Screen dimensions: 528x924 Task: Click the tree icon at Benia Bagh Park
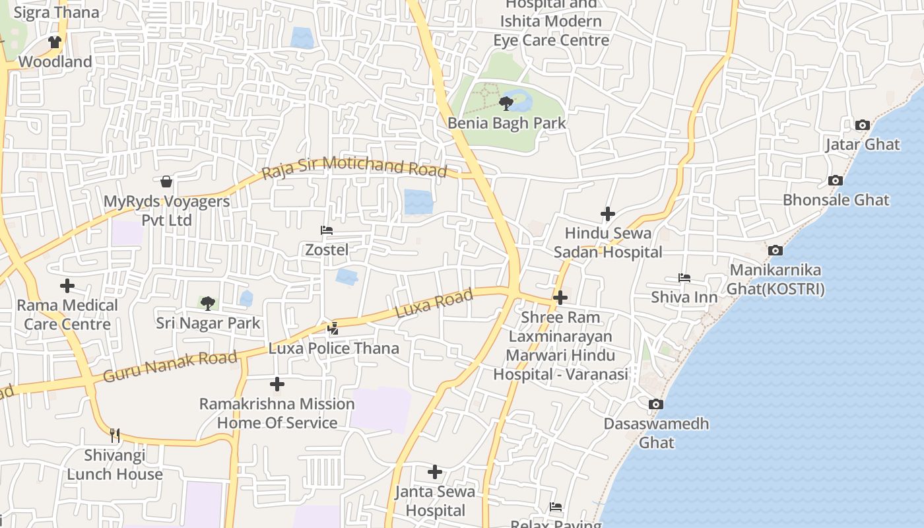[x=506, y=103]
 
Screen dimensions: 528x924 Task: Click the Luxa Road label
[x=434, y=303]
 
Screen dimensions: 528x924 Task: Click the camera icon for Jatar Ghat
[x=862, y=125]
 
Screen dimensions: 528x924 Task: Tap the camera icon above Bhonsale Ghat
[x=836, y=180]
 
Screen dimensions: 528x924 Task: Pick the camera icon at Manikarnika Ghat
[x=775, y=250]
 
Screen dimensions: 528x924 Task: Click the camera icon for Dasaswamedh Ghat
[x=655, y=404]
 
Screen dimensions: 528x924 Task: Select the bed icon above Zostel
[x=326, y=230]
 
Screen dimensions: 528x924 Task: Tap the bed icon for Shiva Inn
[x=684, y=278]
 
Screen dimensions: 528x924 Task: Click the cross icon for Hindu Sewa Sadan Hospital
[x=608, y=214]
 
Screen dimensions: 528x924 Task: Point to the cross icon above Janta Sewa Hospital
[x=435, y=472]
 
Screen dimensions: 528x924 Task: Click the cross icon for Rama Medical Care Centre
[x=67, y=286]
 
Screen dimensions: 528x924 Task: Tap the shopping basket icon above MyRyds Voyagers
[x=166, y=181]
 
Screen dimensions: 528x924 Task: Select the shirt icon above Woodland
[x=55, y=42]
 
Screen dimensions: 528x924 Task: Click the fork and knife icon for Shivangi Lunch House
[x=115, y=435]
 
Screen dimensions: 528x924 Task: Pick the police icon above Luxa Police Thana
[x=333, y=328]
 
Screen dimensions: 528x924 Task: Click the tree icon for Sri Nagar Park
[x=208, y=304]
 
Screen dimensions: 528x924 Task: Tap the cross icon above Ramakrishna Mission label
[x=277, y=384]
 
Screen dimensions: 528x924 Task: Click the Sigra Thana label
[x=56, y=13]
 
